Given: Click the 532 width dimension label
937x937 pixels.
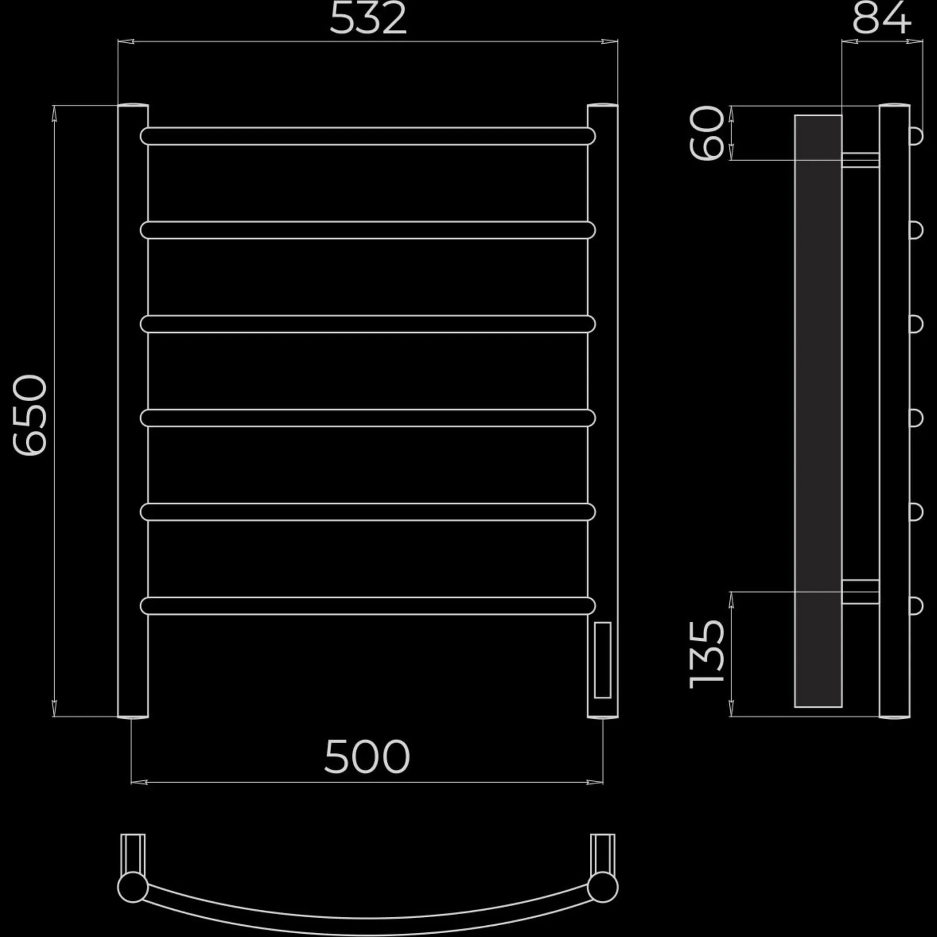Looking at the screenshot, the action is pyautogui.click(x=368, y=19).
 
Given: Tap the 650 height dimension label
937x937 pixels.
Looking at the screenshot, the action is pyautogui.click(x=30, y=415).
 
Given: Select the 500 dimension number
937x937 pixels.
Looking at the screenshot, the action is pyautogui.click(x=367, y=757).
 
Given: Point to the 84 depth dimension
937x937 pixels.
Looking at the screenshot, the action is pyautogui.click(x=882, y=18).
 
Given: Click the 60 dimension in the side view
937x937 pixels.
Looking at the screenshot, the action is pyautogui.click(x=706, y=133).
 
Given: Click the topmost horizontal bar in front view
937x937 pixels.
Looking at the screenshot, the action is pyautogui.click(x=368, y=136).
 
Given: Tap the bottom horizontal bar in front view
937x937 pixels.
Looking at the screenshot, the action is pyautogui.click(x=368, y=606).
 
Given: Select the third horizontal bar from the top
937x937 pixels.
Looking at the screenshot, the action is pyautogui.click(x=368, y=324).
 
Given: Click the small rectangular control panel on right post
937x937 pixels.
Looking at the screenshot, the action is pyautogui.click(x=602, y=660).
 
